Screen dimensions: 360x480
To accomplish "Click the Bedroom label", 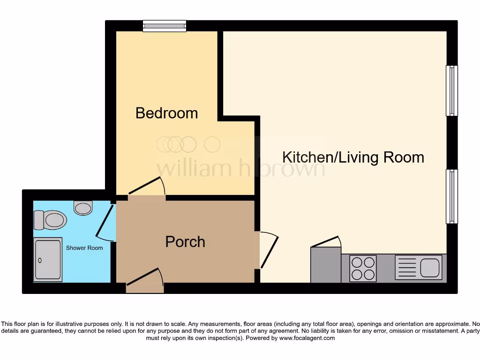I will (x=166, y=113).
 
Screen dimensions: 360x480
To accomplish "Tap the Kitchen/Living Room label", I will (x=353, y=157).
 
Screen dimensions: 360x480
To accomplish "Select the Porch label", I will (x=185, y=242).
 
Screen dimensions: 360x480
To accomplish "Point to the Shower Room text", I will (x=84, y=247).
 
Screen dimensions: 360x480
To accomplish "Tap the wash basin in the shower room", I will (x=83, y=207).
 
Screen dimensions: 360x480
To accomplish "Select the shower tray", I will (x=48, y=260).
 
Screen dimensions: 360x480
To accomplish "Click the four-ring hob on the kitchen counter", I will (x=363, y=269).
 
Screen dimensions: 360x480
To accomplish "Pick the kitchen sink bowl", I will (x=430, y=268).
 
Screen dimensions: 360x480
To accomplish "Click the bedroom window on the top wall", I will (x=165, y=26).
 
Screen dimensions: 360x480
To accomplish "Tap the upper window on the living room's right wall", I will (x=451, y=90).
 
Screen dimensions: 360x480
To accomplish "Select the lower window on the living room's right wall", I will (x=451, y=196).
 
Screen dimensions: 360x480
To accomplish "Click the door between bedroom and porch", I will (x=147, y=187).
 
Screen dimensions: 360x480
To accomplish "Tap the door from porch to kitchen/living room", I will (x=269, y=250).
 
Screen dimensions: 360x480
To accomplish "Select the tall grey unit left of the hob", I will (x=326, y=265).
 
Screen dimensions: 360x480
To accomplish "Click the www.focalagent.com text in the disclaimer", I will (x=307, y=337).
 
